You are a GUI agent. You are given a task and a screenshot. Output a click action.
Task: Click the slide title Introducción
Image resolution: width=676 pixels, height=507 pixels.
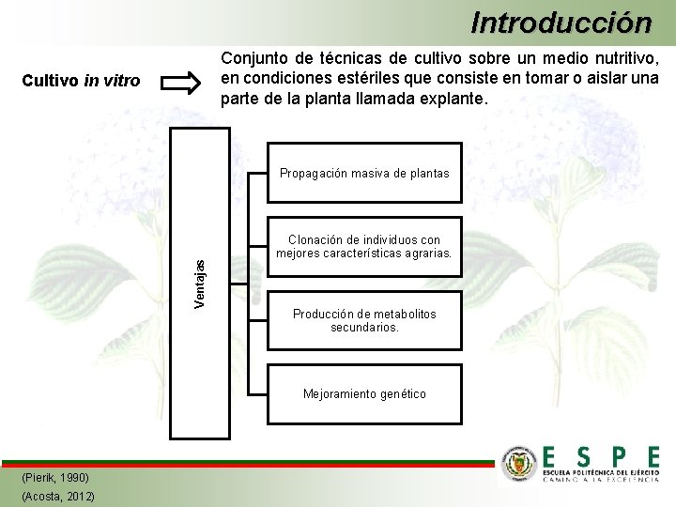click(x=561, y=21)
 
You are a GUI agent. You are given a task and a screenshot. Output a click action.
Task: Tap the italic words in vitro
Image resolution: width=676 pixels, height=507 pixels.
click(x=112, y=82)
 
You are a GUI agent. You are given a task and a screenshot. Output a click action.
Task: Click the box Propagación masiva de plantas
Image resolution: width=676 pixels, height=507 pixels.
click(x=364, y=173)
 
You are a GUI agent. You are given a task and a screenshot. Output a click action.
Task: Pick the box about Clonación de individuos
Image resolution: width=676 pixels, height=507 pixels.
click(x=364, y=247)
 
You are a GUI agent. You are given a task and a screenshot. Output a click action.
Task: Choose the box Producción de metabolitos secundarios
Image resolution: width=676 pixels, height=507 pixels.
click(x=364, y=321)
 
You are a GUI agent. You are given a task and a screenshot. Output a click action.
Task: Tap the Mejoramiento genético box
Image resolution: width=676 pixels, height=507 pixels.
click(x=364, y=394)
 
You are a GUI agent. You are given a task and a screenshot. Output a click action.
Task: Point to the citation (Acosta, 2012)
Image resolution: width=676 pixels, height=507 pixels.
click(x=57, y=496)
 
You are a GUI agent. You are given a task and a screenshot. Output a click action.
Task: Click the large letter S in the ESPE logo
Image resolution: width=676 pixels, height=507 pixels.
click(x=584, y=457)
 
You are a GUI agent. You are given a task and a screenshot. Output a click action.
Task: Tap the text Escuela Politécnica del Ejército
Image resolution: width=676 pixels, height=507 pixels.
click(x=601, y=471)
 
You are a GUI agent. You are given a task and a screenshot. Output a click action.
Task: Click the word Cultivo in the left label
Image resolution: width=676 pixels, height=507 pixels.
click(x=51, y=82)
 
